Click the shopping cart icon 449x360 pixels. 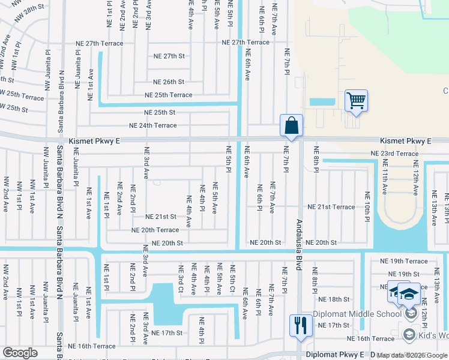pos(356,100)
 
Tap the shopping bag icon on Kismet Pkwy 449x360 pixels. pos(291,126)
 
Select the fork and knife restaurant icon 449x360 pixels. pos(301,326)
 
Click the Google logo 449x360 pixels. pos(20,353)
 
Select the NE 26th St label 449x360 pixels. pos(169,82)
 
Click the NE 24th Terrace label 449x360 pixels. pos(153,126)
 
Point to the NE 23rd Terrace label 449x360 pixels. pos(394,154)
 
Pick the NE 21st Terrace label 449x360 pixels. pos(331,207)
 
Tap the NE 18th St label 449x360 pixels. pos(334,299)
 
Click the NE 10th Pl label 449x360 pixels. pos(367,206)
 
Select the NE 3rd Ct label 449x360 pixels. pos(180,279)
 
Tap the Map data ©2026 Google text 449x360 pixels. pos(412,356)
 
